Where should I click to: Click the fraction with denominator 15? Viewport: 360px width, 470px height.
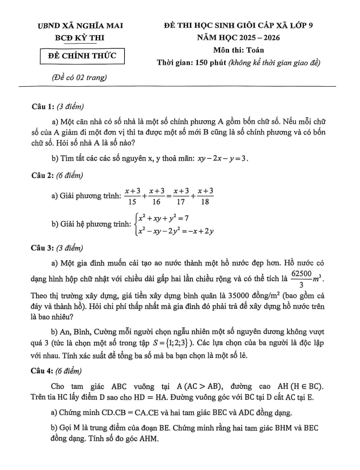click(x=132, y=196)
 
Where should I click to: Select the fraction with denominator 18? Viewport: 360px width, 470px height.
click(x=204, y=196)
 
